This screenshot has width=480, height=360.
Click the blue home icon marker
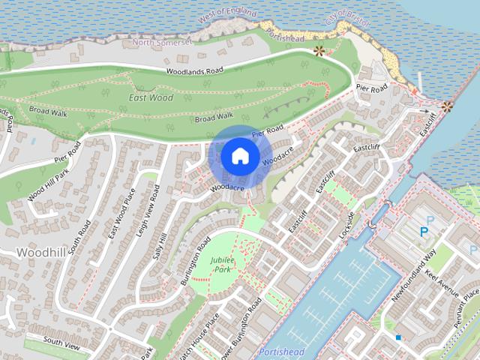click(240, 156)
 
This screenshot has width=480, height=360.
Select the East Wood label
click(151, 97)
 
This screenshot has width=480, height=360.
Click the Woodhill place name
click(38, 252)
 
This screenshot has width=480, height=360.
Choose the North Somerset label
click(163, 43)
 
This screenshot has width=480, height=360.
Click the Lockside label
click(347, 225)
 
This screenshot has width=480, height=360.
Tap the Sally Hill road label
click(160, 244)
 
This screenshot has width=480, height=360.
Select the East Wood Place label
click(119, 218)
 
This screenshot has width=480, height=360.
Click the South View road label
click(61, 341)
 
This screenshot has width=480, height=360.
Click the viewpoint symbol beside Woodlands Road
click(319, 52)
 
